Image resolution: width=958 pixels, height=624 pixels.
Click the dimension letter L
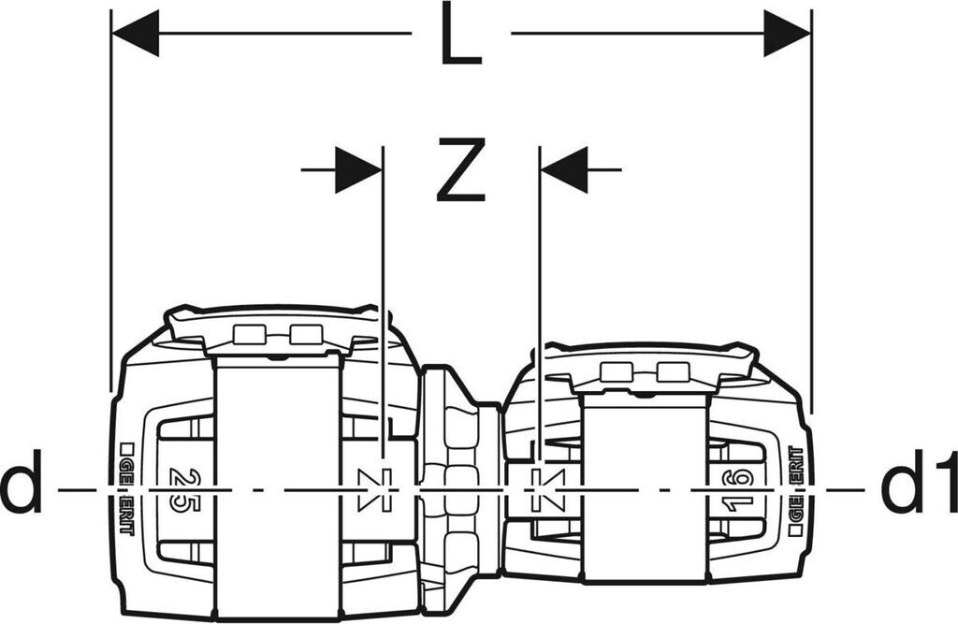tap(460, 37)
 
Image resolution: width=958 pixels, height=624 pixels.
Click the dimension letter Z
tap(460, 170)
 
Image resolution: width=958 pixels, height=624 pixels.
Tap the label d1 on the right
tap(918, 486)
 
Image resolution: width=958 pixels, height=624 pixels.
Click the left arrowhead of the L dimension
tap(136, 34)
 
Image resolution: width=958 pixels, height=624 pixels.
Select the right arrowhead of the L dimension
tap(787, 34)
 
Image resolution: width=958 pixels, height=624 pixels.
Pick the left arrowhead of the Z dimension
tap(358, 170)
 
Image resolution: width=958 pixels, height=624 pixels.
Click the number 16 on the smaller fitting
tap(739, 489)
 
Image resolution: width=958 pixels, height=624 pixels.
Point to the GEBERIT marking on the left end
tap(127, 488)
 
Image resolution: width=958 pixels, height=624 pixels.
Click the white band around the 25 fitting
tap(277, 486)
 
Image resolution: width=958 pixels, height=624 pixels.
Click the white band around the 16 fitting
tap(644, 496)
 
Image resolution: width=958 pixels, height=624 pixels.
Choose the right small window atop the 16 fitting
tap(671, 372)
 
